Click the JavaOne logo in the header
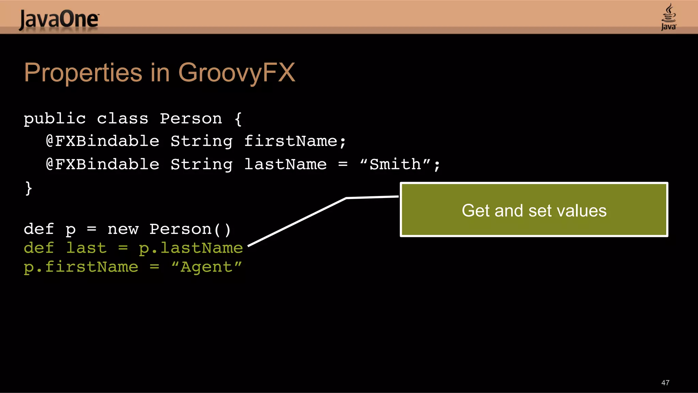59,19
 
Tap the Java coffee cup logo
668,17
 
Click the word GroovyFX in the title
237,73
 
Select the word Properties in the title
83,73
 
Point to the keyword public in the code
55,119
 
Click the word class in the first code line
122,119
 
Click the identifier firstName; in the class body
295,141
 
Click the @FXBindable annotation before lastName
102,164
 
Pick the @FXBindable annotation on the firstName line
102,141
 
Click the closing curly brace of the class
29,188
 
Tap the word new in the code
123,229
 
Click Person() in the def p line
190,229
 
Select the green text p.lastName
191,248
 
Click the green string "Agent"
207,267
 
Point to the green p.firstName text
81,267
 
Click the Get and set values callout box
534,210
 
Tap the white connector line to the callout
297,222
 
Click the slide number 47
665,383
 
